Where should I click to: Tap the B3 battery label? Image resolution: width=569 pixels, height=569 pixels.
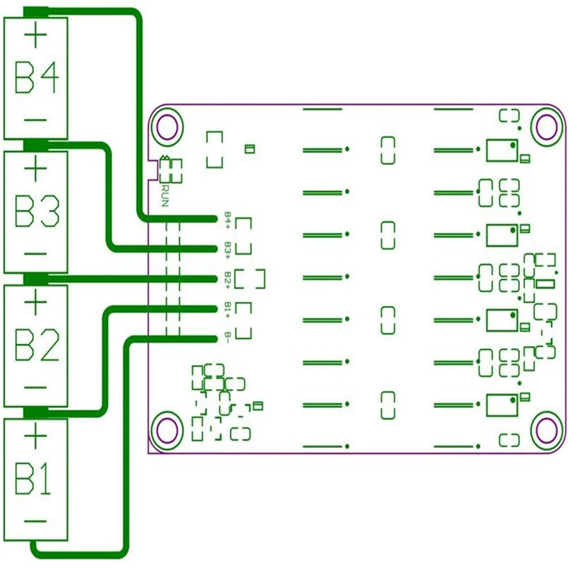pos(37,211)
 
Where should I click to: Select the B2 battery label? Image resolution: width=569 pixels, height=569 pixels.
pos(37,346)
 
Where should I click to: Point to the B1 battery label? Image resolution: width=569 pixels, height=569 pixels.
pos(33,479)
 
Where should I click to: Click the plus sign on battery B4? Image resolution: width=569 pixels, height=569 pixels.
pos(36,35)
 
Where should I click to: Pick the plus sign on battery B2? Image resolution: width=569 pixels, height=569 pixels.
pos(36,302)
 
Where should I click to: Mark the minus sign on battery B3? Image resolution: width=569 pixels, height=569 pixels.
pos(36,253)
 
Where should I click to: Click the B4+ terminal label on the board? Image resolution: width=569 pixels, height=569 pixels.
pos(228,220)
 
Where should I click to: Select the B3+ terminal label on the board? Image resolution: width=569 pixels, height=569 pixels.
pos(228,250)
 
